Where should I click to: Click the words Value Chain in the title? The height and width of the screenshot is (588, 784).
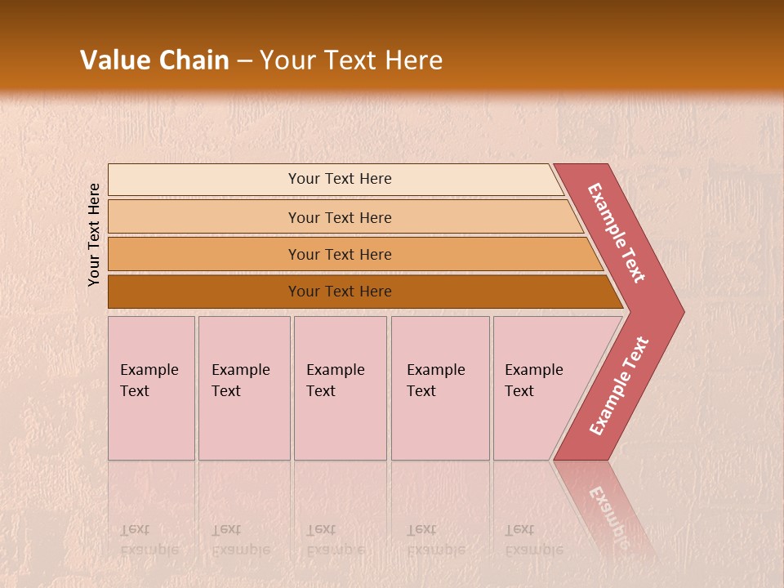154,60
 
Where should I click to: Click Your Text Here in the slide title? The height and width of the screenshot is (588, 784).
351,60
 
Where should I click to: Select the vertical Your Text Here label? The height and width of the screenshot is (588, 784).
94,234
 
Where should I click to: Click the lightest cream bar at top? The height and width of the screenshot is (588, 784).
204,180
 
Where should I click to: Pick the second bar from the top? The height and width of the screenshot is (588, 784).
204,217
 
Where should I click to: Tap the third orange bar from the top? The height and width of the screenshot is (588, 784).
204,254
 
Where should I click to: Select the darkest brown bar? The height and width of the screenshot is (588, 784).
204,292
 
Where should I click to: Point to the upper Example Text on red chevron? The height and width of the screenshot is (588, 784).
617,233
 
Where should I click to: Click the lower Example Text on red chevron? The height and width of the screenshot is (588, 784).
619,386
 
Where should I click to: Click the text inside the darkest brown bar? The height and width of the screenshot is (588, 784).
340,292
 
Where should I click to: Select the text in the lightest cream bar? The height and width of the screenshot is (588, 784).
340,179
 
